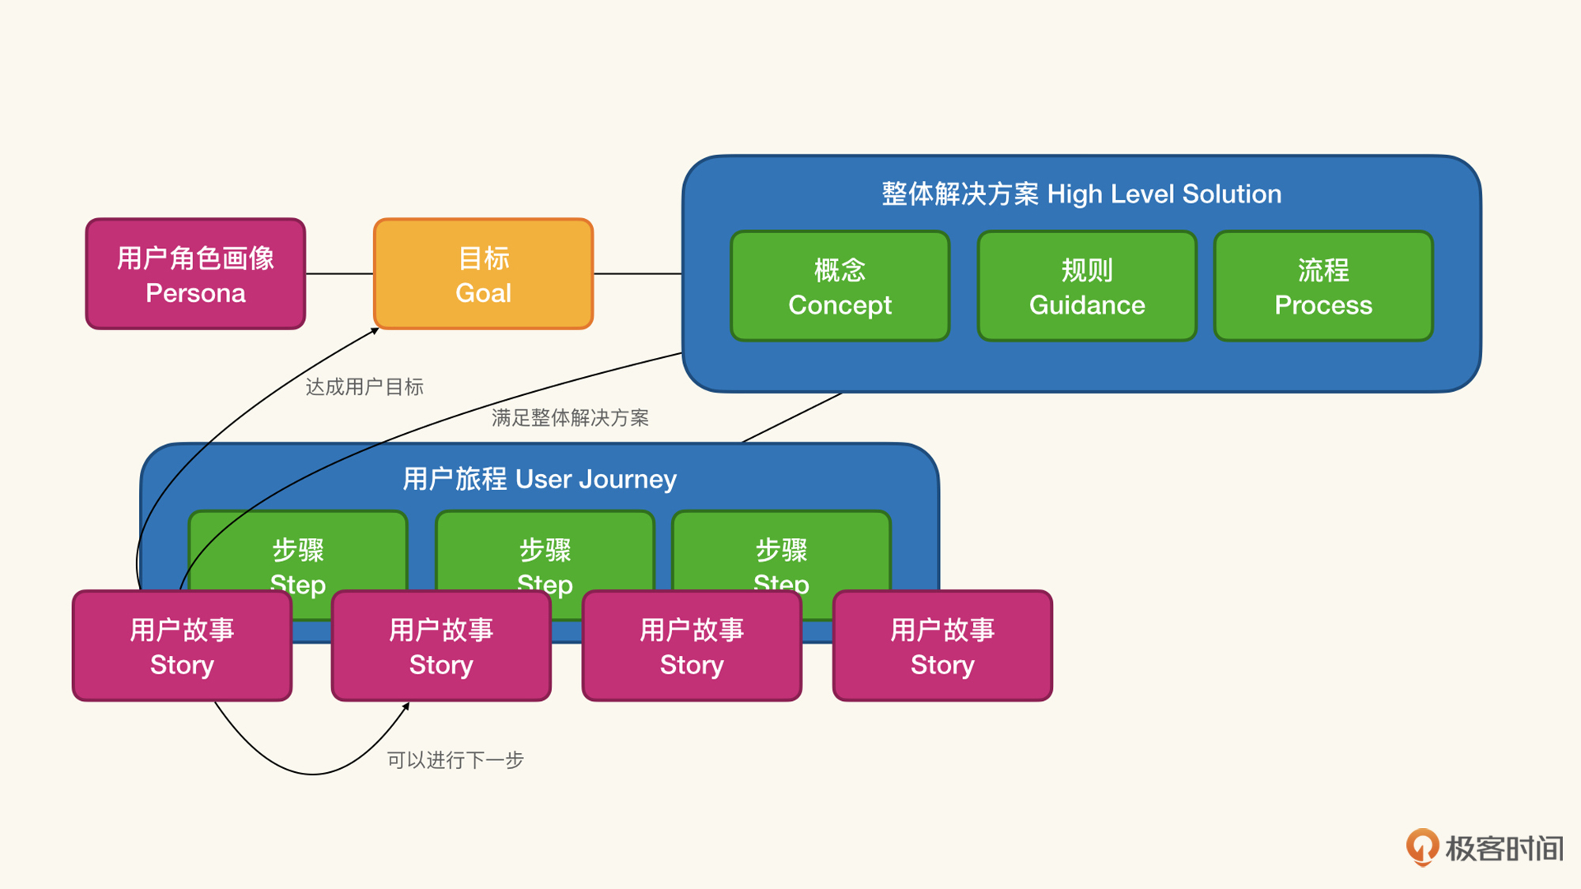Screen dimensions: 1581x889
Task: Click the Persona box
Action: pos(195,273)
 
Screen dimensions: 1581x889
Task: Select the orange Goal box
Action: pos(483,273)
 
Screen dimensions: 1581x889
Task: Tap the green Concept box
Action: pos(840,286)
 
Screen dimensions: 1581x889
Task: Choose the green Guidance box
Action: pos(1087,286)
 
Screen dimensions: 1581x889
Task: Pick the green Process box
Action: pos(1323,286)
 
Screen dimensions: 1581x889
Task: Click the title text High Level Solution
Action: pos(1164,194)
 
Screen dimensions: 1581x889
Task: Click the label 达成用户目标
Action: pos(364,387)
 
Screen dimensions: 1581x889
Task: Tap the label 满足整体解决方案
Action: pos(570,417)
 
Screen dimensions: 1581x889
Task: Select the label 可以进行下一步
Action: pos(455,760)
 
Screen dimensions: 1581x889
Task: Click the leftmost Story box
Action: pos(182,646)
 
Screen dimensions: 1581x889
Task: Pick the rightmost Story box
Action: pos(942,646)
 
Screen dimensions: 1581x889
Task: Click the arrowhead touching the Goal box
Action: pos(375,331)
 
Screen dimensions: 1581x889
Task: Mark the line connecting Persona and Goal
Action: pos(339,273)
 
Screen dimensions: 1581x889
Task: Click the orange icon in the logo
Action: pos(1422,847)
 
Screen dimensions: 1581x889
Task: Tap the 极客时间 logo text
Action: pos(1504,849)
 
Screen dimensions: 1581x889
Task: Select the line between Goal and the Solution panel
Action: pos(638,273)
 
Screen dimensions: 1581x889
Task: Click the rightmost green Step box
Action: pos(781,564)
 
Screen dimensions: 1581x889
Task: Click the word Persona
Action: pos(195,293)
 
